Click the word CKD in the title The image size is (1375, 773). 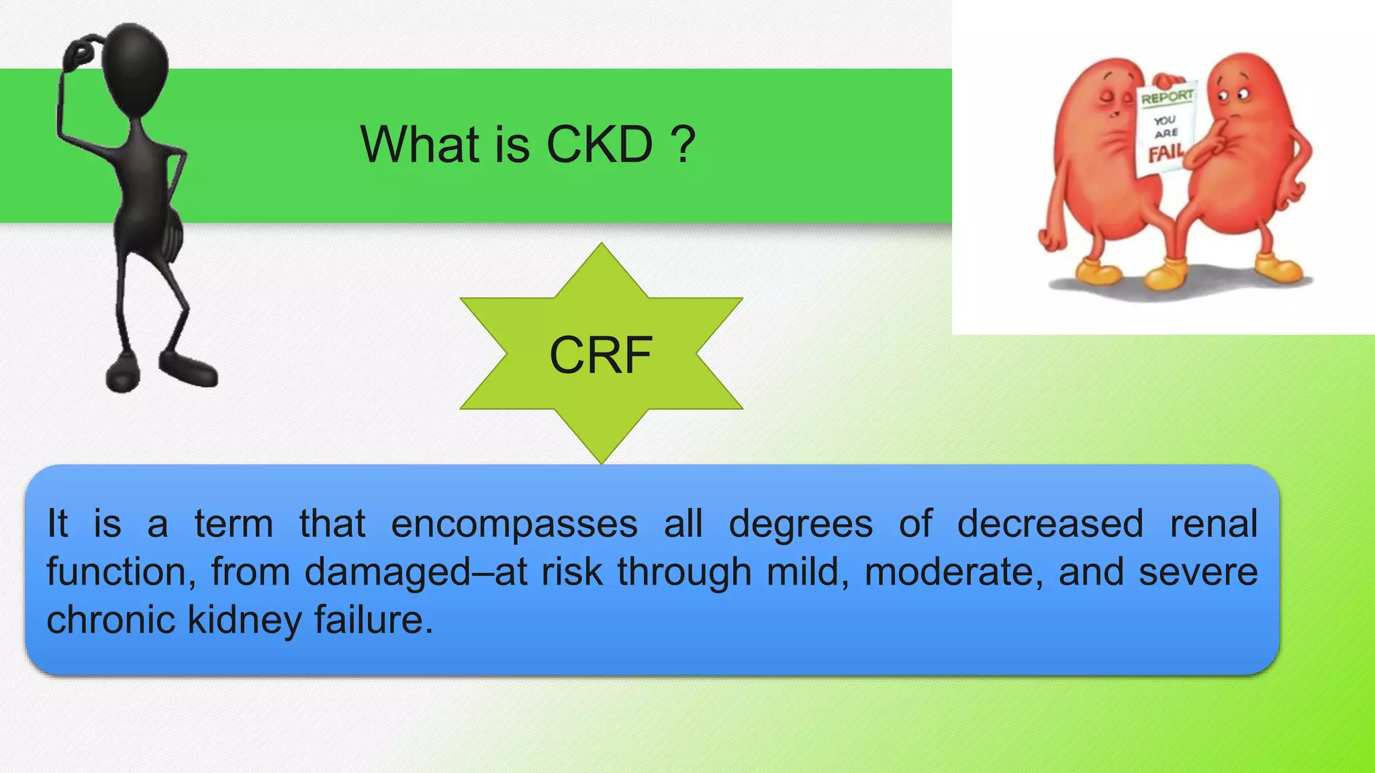(600, 144)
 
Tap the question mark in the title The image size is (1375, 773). (683, 144)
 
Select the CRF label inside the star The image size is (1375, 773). (601, 355)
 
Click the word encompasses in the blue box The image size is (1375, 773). (514, 524)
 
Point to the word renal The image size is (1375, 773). (1213, 524)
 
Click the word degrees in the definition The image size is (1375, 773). (801, 524)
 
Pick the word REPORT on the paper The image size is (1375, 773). (1168, 98)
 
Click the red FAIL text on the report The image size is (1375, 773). (1166, 154)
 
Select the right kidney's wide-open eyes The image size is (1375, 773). (1233, 95)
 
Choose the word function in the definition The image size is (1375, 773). (117, 572)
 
